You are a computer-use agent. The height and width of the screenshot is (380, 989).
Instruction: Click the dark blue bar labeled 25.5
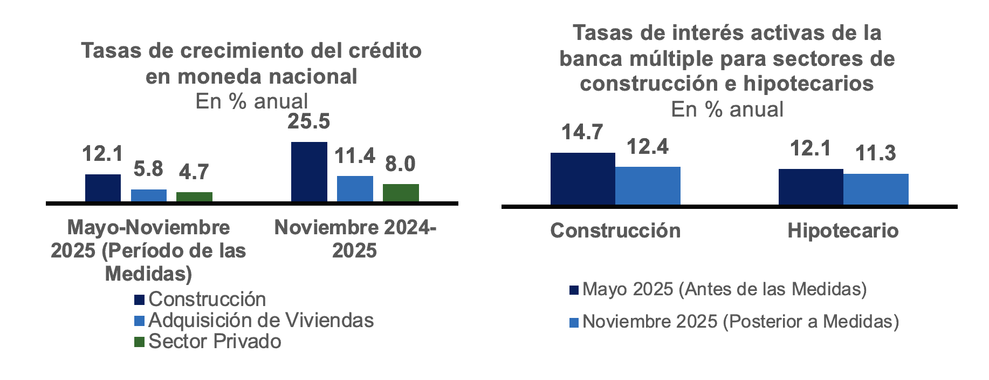coord(309,172)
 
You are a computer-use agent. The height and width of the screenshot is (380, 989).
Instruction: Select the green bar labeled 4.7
coord(194,196)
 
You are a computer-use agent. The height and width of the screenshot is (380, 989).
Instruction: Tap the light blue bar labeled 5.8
coord(149,195)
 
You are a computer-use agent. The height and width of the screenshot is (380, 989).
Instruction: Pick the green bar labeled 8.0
coord(401,193)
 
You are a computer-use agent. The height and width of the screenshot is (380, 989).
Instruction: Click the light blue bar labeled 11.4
coord(355,188)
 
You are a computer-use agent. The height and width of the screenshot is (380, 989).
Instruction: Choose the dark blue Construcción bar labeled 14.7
coord(582,179)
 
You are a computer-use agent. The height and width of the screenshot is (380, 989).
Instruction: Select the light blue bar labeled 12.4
coord(648,186)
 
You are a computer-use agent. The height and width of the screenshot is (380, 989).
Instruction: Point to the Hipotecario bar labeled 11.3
coord(876,189)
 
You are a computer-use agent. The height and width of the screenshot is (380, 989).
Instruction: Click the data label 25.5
coord(308,121)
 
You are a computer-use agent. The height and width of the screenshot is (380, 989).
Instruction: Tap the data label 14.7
coord(582,132)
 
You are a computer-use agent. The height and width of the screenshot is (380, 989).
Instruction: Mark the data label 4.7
coord(194,172)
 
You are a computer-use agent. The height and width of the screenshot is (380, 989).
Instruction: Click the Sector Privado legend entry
coord(215,342)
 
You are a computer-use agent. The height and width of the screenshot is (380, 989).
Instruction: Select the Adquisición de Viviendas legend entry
coord(260,321)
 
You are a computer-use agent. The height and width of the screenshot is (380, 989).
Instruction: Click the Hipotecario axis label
coord(843,231)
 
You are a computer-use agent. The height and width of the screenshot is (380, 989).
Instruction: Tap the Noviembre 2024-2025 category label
coord(355,239)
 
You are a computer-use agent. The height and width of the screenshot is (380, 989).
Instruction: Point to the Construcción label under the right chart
coord(615,231)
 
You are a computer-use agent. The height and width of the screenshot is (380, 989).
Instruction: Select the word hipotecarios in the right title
coord(808,84)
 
